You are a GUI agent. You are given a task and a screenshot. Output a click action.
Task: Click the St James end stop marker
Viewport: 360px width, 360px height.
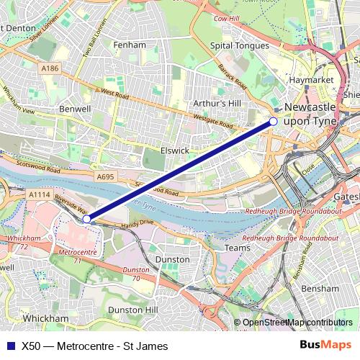pyautogui.click(x=274, y=122)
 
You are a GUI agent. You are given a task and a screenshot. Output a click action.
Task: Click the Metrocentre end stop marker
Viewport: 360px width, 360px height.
pyautogui.click(x=86, y=219)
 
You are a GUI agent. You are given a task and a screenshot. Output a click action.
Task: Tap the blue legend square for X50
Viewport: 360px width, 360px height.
pyautogui.click(x=10, y=346)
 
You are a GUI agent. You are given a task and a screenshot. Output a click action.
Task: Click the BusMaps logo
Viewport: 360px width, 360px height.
pyautogui.click(x=326, y=346)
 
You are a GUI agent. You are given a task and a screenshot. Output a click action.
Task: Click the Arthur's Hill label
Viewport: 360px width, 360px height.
pyautogui.click(x=217, y=103)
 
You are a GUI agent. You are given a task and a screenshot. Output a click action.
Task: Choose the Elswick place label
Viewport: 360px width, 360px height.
pyautogui.click(x=175, y=151)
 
